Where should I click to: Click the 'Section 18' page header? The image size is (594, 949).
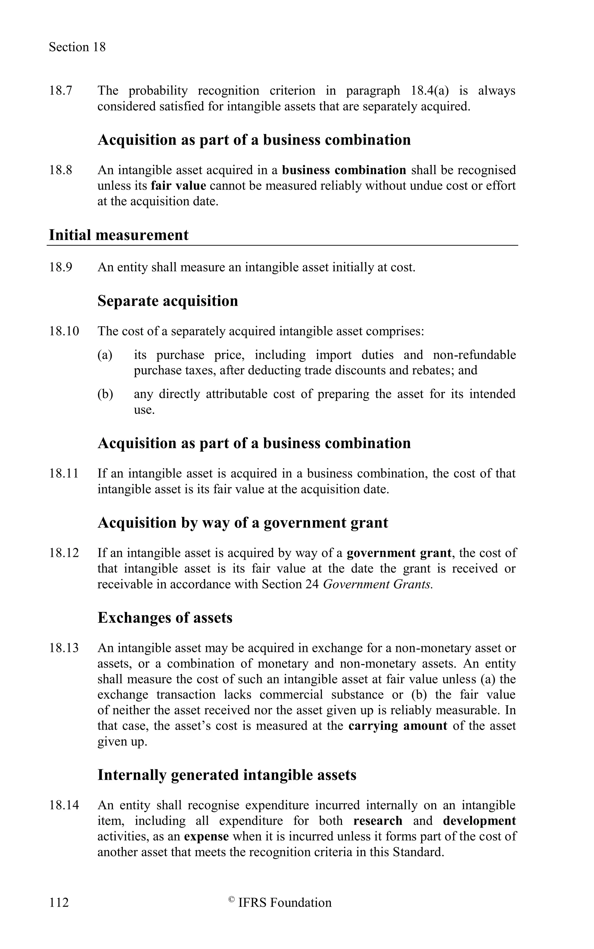[77, 47]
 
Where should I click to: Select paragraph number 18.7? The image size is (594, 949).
[61, 91]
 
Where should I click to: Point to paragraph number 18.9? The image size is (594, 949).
[61, 267]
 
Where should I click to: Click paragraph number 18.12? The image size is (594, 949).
[64, 553]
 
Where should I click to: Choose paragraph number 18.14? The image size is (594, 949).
[64, 805]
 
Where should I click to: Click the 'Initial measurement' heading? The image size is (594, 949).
[118, 235]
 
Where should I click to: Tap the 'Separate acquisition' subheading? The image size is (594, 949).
[168, 301]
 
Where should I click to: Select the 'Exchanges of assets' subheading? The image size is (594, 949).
[165, 618]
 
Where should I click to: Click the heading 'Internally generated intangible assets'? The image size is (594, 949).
[227, 775]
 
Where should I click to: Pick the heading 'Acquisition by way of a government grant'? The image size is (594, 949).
[243, 523]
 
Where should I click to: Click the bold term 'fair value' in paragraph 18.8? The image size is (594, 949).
[178, 186]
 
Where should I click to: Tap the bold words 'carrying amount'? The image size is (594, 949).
[398, 726]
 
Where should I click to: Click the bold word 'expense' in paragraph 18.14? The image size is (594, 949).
[206, 836]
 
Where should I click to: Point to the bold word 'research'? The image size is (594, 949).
[378, 821]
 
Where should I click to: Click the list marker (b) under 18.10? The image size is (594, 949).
[105, 394]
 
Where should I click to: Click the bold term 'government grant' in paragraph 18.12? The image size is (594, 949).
[399, 553]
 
